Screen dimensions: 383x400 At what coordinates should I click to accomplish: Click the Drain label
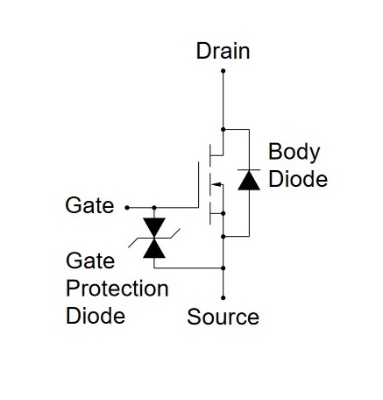223,51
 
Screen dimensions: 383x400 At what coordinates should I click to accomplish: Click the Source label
223,317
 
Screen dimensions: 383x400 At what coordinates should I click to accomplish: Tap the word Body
294,153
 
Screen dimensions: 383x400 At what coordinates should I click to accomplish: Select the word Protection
117,289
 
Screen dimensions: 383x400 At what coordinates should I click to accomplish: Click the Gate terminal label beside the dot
89,205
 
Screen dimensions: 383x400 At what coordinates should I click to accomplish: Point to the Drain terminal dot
223,71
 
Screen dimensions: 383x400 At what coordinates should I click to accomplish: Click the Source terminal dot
223,297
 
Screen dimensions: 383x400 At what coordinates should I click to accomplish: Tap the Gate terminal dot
127,208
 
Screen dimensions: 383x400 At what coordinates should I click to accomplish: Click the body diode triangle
249,181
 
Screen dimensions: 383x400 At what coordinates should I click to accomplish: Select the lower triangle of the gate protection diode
154,249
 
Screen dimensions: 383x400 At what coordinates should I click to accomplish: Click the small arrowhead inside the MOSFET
216,184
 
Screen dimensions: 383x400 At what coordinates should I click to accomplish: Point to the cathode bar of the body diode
249,169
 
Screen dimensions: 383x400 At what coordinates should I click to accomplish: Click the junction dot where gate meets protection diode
154,208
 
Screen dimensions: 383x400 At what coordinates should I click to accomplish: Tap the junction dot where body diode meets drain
223,129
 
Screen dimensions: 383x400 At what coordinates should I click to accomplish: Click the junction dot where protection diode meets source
223,268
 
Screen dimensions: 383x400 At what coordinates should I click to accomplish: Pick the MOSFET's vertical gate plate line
199,184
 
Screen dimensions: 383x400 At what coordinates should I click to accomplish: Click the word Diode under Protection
96,316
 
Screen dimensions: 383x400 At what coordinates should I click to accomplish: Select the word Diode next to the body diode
298,179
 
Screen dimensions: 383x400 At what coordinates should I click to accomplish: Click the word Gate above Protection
90,261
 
